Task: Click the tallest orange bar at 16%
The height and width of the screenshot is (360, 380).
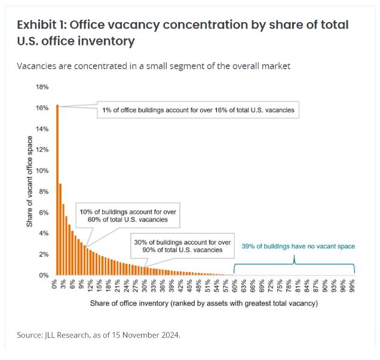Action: [x=57, y=190]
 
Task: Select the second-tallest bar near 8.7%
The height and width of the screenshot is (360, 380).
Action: [x=60, y=229]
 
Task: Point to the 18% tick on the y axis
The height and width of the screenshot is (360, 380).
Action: [x=42, y=87]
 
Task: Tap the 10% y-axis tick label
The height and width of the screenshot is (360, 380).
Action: [x=42, y=171]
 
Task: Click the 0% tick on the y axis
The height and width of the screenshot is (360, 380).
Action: [x=44, y=275]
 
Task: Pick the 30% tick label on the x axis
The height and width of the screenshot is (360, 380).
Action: [x=145, y=286]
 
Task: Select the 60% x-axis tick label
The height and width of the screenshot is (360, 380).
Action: [x=235, y=286]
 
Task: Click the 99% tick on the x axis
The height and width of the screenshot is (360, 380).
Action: [x=352, y=286]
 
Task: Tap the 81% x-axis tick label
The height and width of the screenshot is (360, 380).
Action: [x=298, y=286]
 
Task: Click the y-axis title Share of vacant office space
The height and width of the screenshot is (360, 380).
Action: [x=29, y=181]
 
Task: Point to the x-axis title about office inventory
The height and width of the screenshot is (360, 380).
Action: [x=204, y=303]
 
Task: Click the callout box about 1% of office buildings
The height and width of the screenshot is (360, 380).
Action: [x=198, y=110]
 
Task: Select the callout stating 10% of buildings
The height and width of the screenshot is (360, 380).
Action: [x=128, y=216]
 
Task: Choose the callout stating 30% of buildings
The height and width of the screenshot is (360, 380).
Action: [x=182, y=246]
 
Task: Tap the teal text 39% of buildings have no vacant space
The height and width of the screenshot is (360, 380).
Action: [x=298, y=246]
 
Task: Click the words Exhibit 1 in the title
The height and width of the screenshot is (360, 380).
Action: [x=41, y=24]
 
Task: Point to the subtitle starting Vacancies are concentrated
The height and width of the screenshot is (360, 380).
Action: [x=154, y=66]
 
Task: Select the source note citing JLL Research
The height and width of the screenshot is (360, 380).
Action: [x=99, y=335]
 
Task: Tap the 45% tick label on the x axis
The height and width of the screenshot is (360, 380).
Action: [x=189, y=286]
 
